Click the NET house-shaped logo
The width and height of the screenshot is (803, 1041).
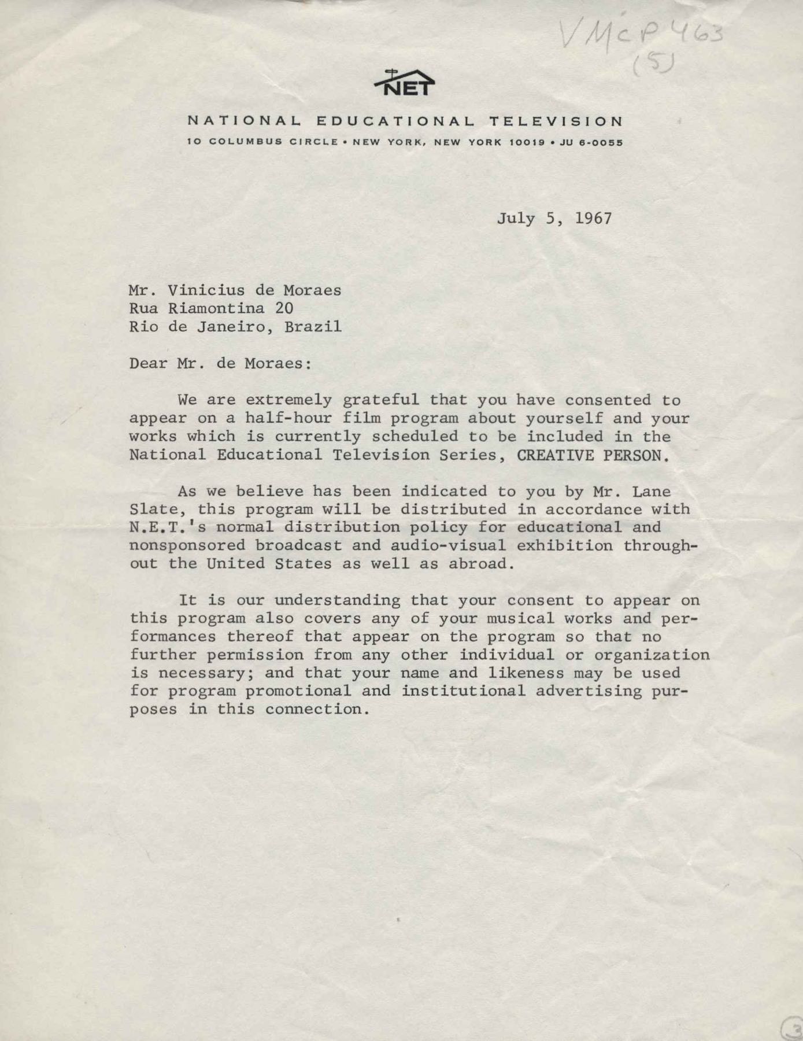404,83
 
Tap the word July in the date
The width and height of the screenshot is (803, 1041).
516,218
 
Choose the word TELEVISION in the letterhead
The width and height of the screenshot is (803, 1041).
556,121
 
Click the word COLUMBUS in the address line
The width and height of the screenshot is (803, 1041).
246,142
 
